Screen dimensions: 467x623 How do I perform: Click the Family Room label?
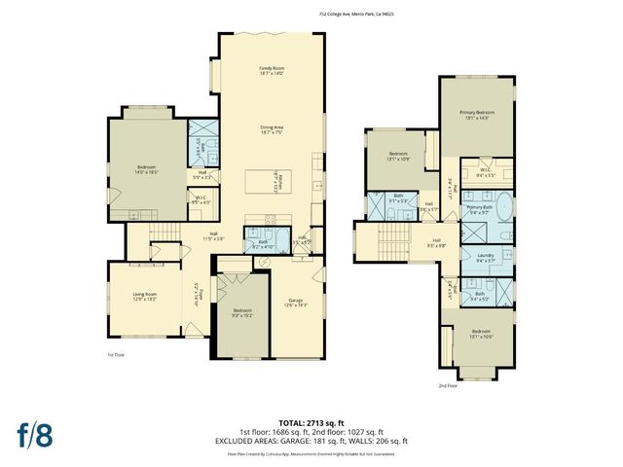pos(271,70)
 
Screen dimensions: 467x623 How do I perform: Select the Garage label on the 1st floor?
pos(295,302)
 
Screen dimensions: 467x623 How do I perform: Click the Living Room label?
pos(145,296)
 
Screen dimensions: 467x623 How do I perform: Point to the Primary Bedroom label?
pos(478,115)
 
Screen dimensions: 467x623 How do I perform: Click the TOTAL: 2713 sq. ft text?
pos(311,421)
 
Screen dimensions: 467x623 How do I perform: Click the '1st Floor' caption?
pos(116,355)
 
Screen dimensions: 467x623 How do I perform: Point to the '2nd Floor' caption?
pos(448,385)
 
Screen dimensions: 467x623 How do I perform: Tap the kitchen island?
pos(259,181)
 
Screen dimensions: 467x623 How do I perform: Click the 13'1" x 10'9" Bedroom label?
pos(399,156)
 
